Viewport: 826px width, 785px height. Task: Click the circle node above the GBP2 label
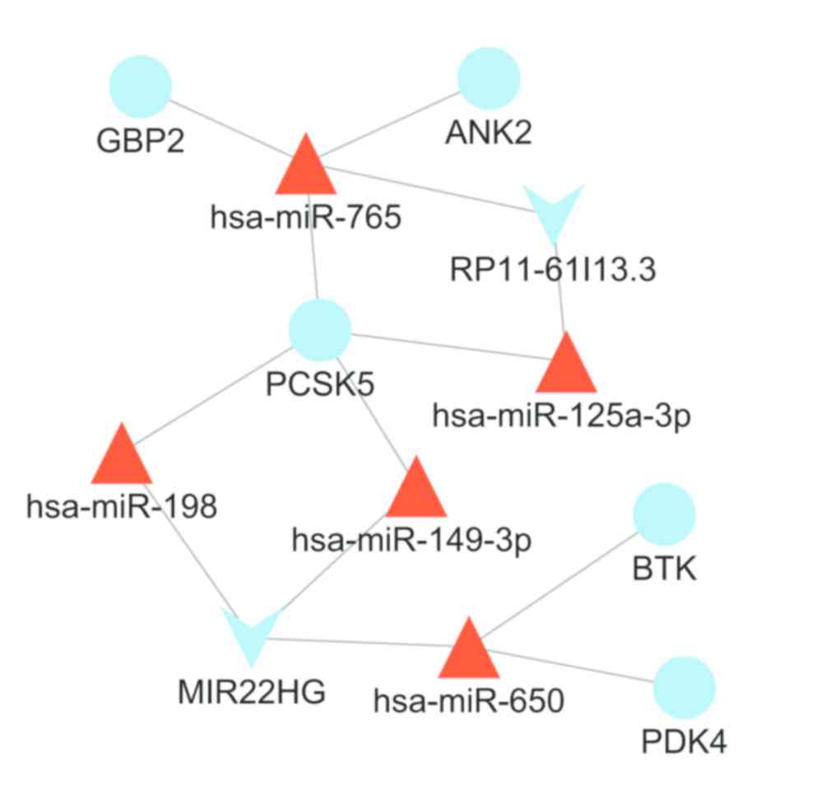[x=140, y=86]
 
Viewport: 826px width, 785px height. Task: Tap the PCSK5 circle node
[x=320, y=330]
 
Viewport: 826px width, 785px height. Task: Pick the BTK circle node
[x=664, y=514]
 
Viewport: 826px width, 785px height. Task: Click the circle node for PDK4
[x=684, y=688]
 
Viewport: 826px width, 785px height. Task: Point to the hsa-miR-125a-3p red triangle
[x=566, y=367]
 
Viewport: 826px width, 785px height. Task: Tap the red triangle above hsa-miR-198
[x=122, y=458]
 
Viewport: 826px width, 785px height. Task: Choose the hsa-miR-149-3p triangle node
[x=415, y=490]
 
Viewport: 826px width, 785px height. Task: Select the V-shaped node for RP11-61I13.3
[x=554, y=211]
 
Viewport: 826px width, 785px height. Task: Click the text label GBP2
[x=140, y=141]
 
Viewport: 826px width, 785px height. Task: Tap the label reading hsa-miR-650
[x=469, y=702]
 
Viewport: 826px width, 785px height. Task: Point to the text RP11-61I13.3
[x=553, y=269]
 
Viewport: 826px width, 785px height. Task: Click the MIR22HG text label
[x=252, y=692]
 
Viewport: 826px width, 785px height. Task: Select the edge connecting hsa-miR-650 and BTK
[x=559, y=584]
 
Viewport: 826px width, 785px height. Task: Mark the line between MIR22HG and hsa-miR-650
[x=362, y=643]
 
